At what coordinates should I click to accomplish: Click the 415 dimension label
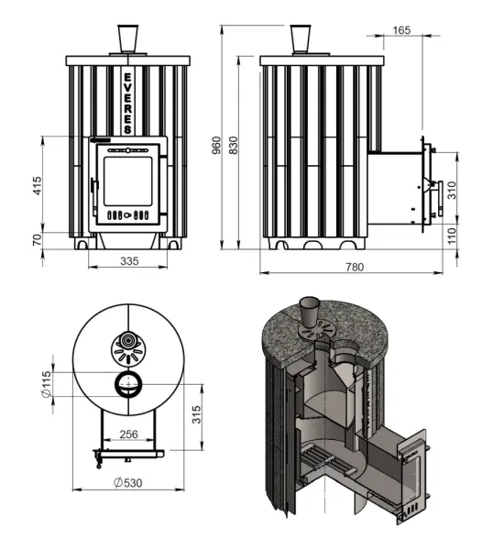pyautogui.click(x=38, y=186)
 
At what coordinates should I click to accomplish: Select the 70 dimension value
pyautogui.click(x=38, y=240)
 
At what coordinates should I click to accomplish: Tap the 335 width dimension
pyautogui.click(x=129, y=262)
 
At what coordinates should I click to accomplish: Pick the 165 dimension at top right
pyautogui.click(x=401, y=30)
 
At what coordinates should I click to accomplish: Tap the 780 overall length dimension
pyautogui.click(x=355, y=267)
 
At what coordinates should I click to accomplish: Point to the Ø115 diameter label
pyautogui.click(x=48, y=383)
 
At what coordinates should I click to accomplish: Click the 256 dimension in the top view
pyautogui.click(x=129, y=434)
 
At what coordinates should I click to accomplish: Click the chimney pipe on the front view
pyautogui.click(x=127, y=39)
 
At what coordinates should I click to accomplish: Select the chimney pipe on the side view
pyautogui.click(x=301, y=39)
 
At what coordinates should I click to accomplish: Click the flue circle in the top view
pyautogui.click(x=126, y=383)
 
